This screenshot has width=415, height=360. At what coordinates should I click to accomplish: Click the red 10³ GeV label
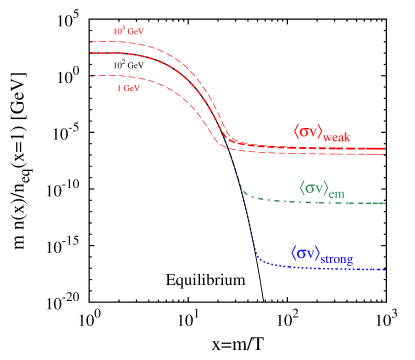click(x=128, y=31)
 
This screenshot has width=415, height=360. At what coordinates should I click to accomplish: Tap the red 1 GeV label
click(x=128, y=88)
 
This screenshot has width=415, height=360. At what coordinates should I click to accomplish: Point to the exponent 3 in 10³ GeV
click(x=123, y=28)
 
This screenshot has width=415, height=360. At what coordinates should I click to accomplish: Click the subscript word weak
click(x=337, y=137)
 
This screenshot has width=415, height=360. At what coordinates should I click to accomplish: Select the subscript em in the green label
click(x=337, y=193)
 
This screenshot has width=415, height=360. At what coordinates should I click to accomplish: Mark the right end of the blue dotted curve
click(x=385, y=269)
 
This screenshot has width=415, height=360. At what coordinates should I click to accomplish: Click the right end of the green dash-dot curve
click(x=385, y=203)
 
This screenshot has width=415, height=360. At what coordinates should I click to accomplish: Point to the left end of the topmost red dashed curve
click(x=92, y=41)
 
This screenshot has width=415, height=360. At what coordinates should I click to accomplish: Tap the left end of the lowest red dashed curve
click(x=95, y=75)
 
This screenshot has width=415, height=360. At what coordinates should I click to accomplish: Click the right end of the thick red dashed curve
click(x=385, y=149)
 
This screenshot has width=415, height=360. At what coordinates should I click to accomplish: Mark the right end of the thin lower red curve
click(x=385, y=154)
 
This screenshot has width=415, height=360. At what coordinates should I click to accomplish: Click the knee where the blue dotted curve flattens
click(x=257, y=257)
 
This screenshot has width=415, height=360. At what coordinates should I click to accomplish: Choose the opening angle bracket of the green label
click(x=302, y=188)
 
